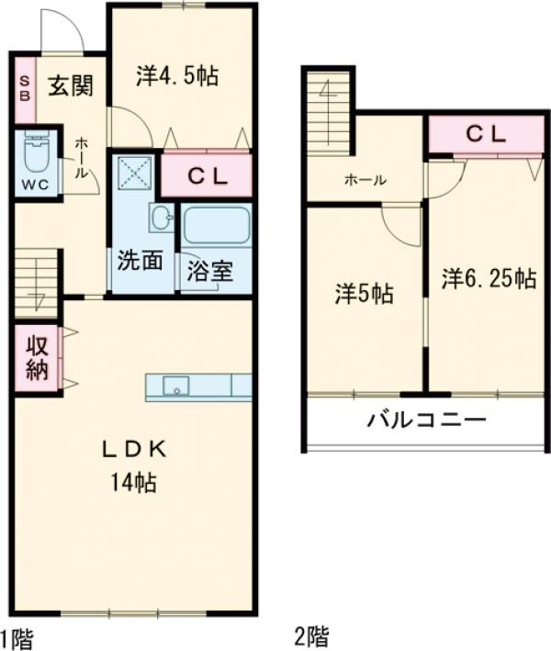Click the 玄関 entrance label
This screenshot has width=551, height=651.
click(x=70, y=86)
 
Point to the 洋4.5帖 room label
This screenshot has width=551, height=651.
click(x=177, y=75)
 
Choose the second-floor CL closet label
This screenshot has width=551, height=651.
click(x=485, y=134)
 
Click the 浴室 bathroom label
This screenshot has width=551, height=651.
click(x=210, y=271)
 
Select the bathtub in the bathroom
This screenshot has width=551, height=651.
click(x=216, y=226)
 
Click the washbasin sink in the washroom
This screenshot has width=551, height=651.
click(x=161, y=219)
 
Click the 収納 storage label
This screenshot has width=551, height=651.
click(x=36, y=358)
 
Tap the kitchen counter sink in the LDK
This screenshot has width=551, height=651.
click(x=175, y=387)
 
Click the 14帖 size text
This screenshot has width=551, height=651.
click(x=134, y=480)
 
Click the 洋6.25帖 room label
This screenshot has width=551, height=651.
click(x=488, y=277)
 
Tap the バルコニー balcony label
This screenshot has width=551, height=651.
click(x=425, y=421)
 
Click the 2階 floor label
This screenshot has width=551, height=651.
click(x=310, y=634)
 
